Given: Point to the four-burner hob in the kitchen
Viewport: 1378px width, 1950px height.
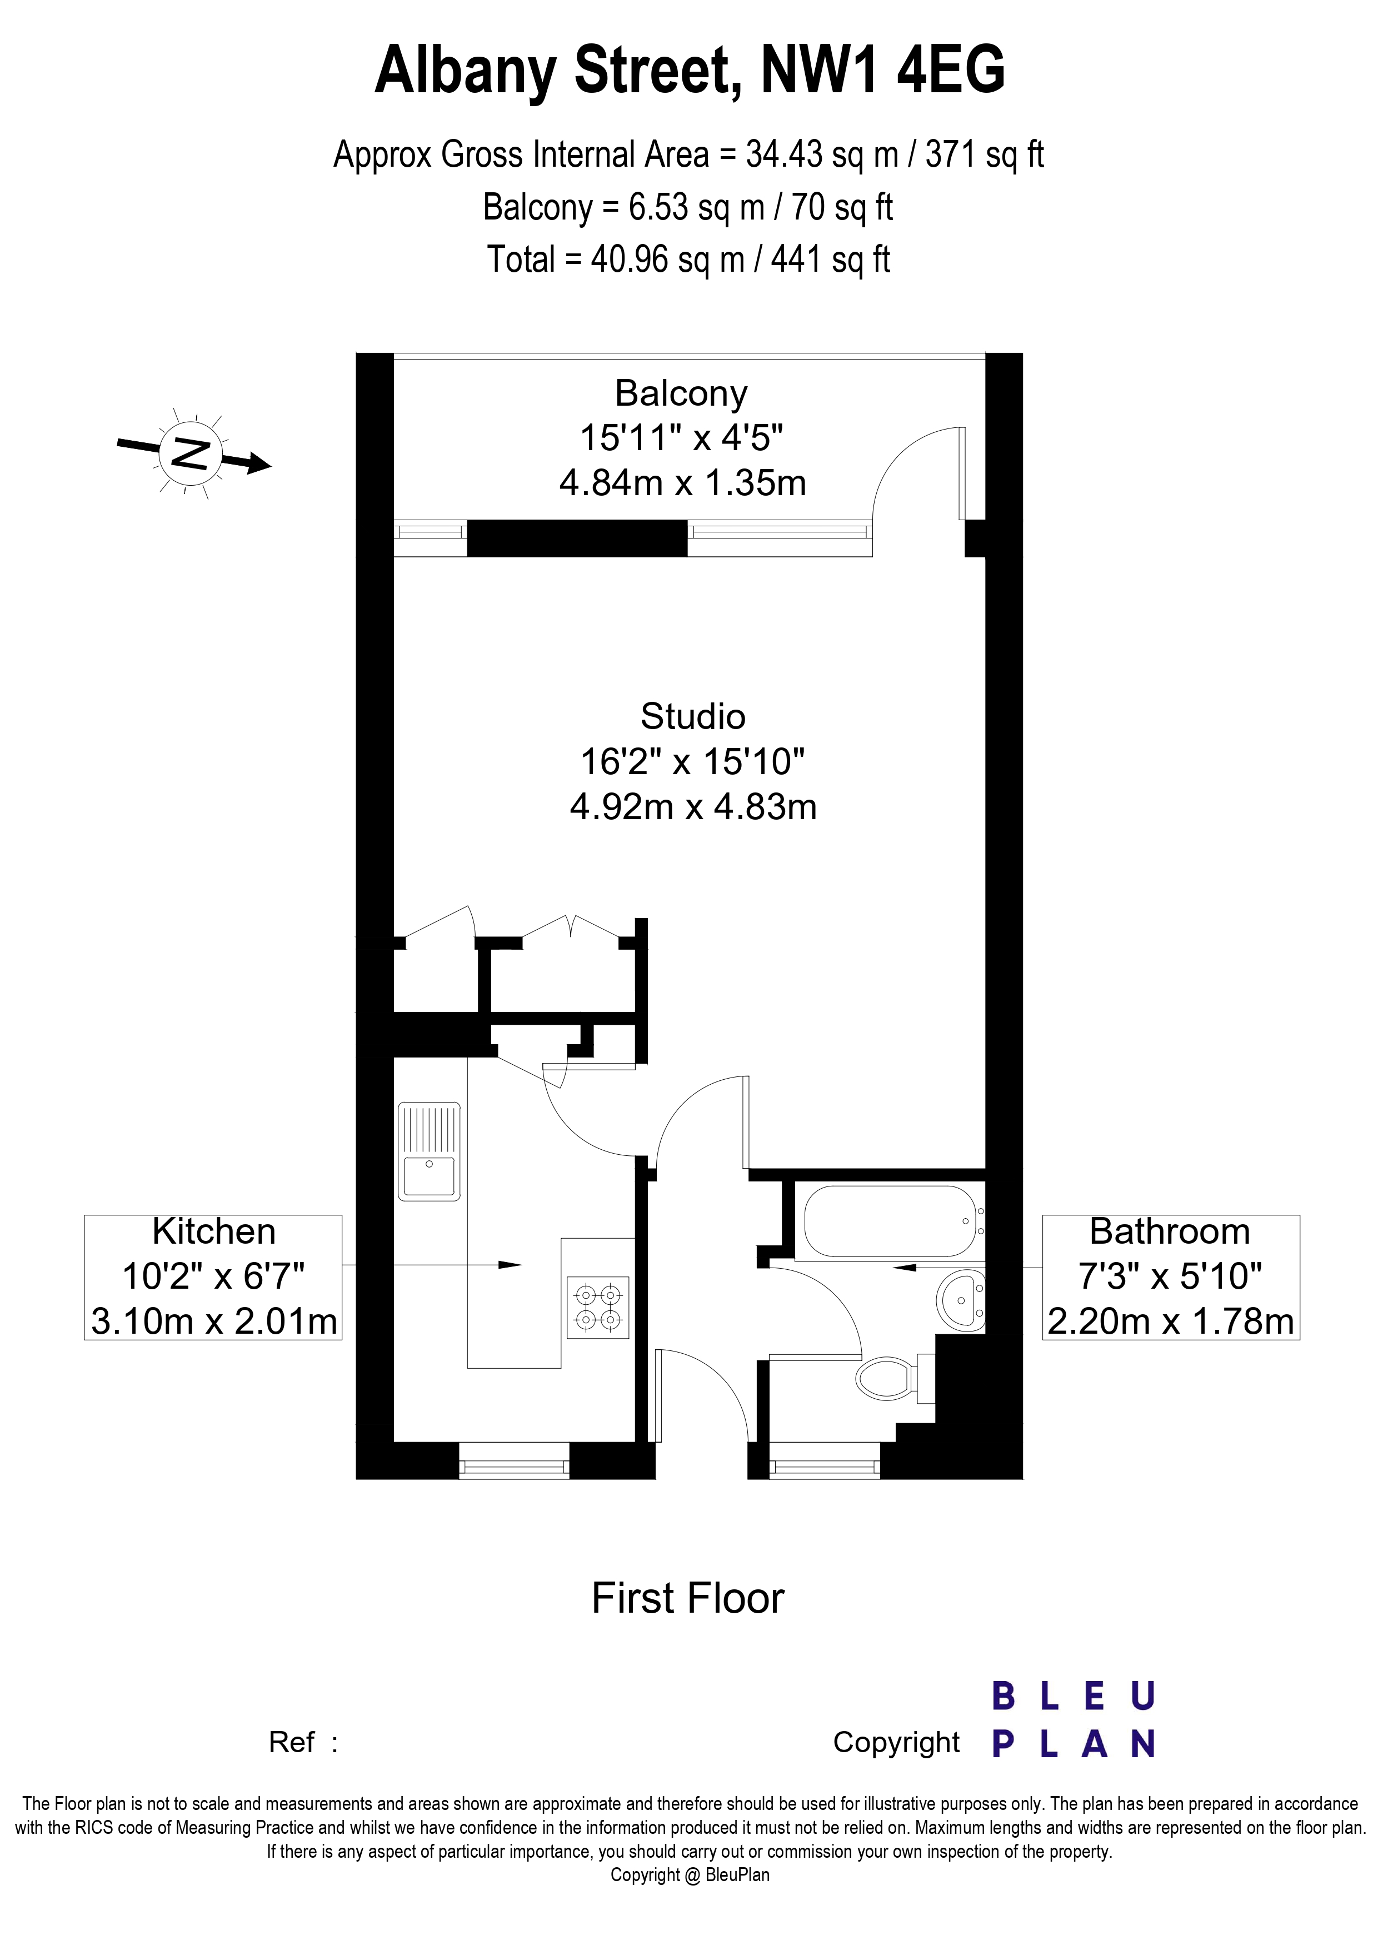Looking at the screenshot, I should (598, 1308).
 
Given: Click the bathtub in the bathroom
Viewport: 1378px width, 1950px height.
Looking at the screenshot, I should (890, 1221).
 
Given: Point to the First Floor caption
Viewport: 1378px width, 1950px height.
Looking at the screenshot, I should (688, 1598).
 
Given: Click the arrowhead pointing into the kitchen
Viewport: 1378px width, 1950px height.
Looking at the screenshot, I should (510, 1265).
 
